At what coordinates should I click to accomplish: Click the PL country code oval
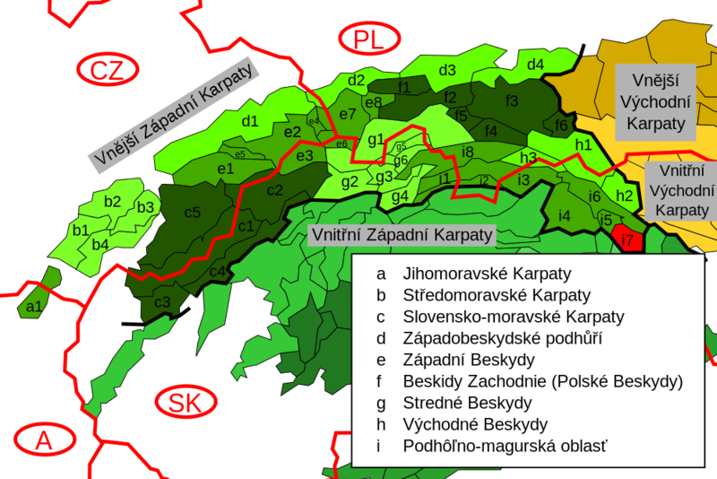(x=367, y=39)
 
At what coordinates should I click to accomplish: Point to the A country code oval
(x=43, y=440)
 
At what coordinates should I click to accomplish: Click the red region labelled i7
(x=628, y=239)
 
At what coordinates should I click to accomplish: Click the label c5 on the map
(x=193, y=213)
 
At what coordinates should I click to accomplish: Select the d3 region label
(x=446, y=70)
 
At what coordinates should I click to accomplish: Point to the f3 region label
(x=512, y=100)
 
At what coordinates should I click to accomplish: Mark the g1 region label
(x=376, y=139)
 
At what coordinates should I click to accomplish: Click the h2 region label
(x=625, y=196)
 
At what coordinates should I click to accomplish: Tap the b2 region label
(x=112, y=202)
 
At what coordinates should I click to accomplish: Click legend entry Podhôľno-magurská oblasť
(x=499, y=446)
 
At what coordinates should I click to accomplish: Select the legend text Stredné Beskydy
(x=467, y=403)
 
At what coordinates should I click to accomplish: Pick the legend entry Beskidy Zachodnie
(x=542, y=381)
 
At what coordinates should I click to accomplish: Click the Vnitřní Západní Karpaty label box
(x=401, y=235)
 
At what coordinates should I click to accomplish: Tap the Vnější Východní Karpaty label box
(x=654, y=101)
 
